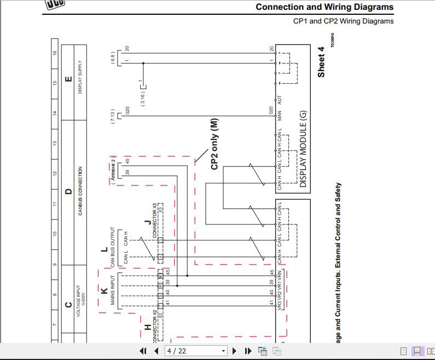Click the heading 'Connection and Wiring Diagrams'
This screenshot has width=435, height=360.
coord(324,7)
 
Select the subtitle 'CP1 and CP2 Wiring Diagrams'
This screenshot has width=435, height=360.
coord(343,21)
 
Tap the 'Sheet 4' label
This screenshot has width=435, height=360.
coord(321,62)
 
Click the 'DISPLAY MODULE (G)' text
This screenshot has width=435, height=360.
coord(303,149)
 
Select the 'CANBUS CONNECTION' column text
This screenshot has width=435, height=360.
coord(80,191)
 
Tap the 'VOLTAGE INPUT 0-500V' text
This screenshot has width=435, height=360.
coord(80,296)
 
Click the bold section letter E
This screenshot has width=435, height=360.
coord(68,79)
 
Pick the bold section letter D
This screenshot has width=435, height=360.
coord(68,191)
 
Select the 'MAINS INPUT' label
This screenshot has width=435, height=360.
coord(113,294)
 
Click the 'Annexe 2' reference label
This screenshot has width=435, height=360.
coord(113,172)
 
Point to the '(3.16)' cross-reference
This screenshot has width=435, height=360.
coord(143,96)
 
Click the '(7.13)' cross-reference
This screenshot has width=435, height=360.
coord(113,117)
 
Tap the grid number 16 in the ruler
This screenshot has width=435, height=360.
coord(54,53)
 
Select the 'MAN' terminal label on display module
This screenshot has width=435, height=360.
coord(279,116)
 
